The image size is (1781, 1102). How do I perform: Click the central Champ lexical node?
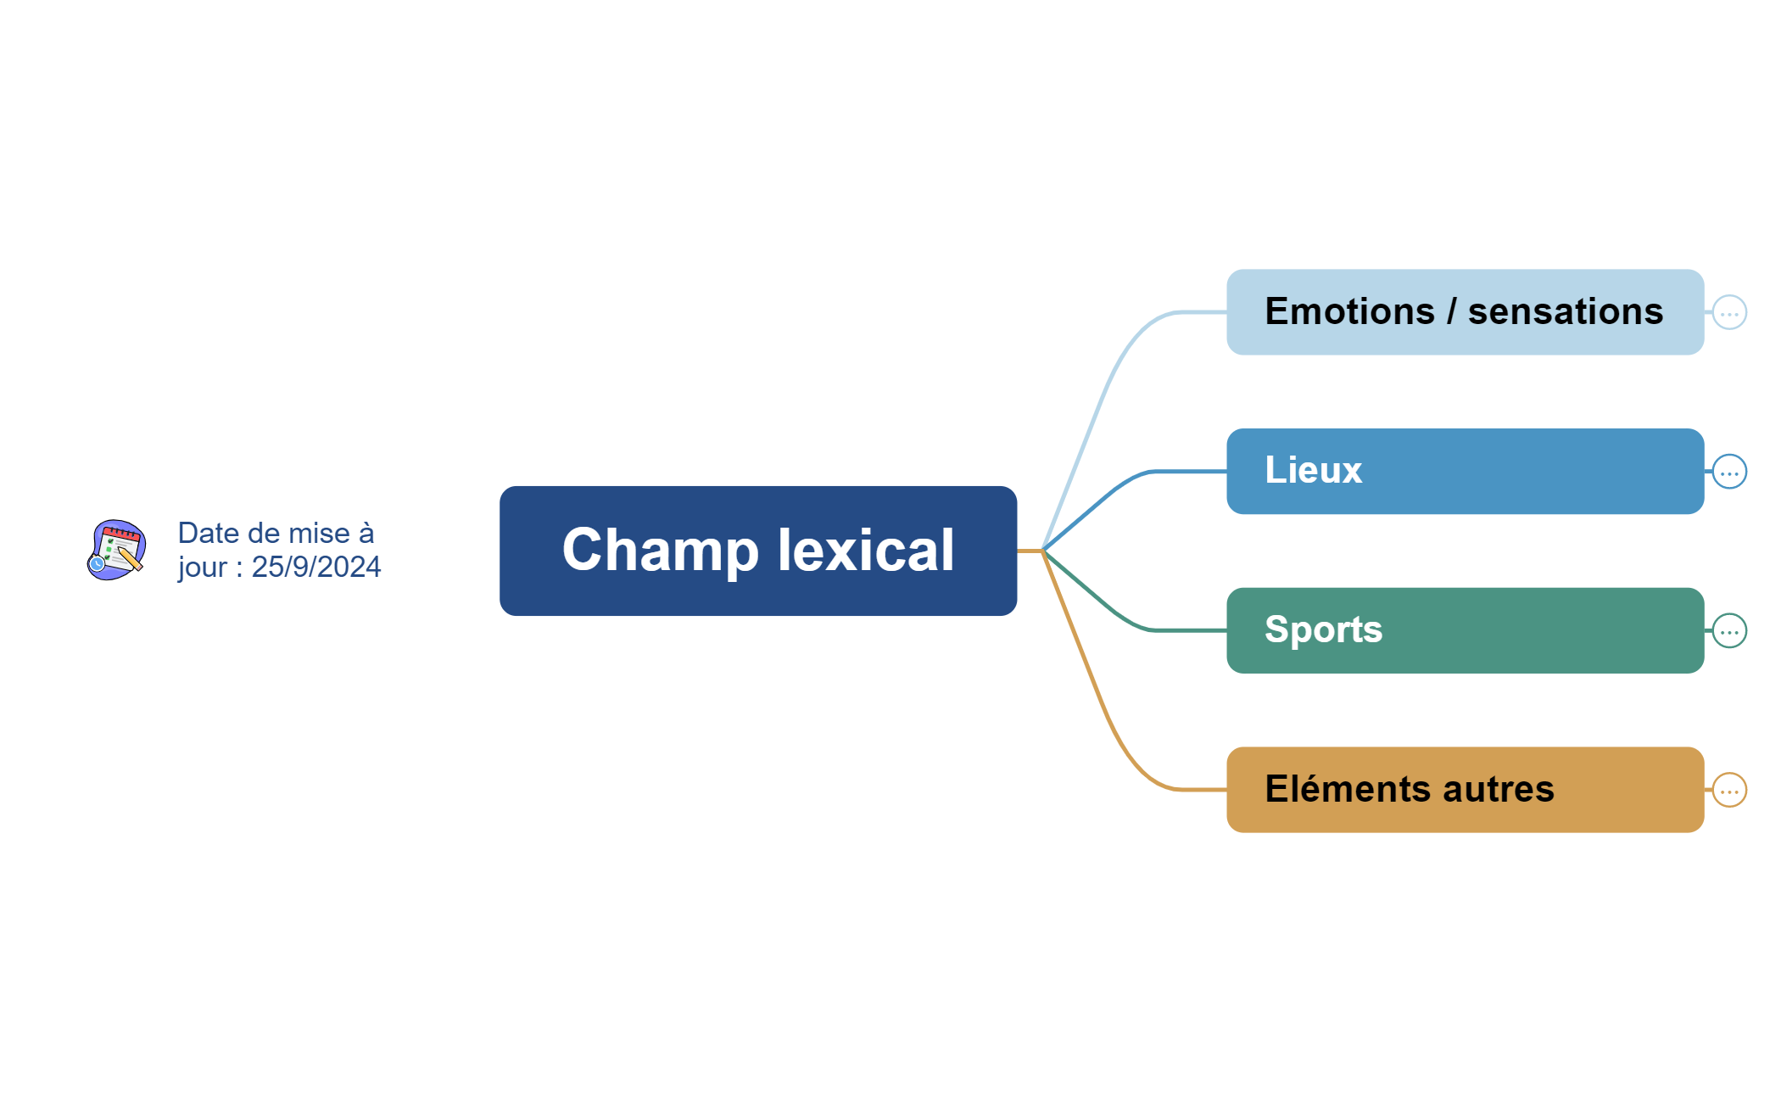[757, 551]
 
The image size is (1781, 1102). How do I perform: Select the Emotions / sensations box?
[1465, 312]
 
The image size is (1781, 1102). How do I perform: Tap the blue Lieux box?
[1465, 471]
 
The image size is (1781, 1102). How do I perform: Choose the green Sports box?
[1465, 630]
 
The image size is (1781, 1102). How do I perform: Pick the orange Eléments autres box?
[1465, 790]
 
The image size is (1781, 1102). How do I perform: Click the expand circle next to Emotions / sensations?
[1729, 312]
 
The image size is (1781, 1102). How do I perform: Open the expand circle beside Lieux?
[1729, 472]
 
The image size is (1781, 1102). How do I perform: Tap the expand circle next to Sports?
[1729, 630]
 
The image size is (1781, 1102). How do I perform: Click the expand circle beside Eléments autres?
[1729, 790]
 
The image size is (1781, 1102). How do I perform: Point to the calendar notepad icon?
[117, 550]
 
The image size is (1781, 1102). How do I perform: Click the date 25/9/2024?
[315, 567]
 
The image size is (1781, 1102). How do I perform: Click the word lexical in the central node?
[866, 550]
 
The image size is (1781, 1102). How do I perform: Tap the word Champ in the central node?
[660, 550]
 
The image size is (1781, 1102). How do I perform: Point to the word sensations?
[1566, 312]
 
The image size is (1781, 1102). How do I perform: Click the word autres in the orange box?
[1499, 790]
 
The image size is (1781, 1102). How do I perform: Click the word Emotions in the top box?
[1349, 312]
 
